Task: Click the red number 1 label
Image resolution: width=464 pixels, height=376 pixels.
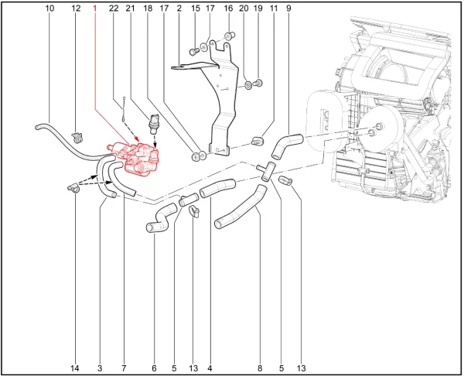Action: click(x=94, y=9)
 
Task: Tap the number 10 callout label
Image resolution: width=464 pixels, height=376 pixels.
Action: click(x=49, y=9)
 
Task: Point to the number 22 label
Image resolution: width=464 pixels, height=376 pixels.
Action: click(x=114, y=9)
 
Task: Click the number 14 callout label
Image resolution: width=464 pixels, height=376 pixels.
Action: click(x=75, y=368)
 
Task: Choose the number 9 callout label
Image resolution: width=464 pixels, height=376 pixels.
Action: click(x=288, y=9)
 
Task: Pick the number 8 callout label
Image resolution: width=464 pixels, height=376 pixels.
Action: click(x=260, y=368)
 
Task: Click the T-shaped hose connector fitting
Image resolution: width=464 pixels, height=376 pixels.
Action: click(x=267, y=171)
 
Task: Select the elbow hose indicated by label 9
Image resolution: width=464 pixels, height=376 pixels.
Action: click(x=286, y=146)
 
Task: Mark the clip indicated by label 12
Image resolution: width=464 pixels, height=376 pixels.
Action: click(x=77, y=137)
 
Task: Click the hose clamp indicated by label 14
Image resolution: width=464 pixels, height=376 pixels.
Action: click(x=73, y=188)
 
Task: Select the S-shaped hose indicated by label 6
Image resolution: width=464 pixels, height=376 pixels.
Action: click(x=162, y=219)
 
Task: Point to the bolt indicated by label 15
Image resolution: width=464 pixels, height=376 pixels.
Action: click(x=193, y=52)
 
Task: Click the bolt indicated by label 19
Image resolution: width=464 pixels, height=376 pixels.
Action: click(x=258, y=84)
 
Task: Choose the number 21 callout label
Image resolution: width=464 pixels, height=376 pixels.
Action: click(x=130, y=9)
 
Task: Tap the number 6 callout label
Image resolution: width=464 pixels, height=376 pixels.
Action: click(x=154, y=368)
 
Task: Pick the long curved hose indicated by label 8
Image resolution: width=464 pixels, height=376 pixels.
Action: click(x=241, y=207)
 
